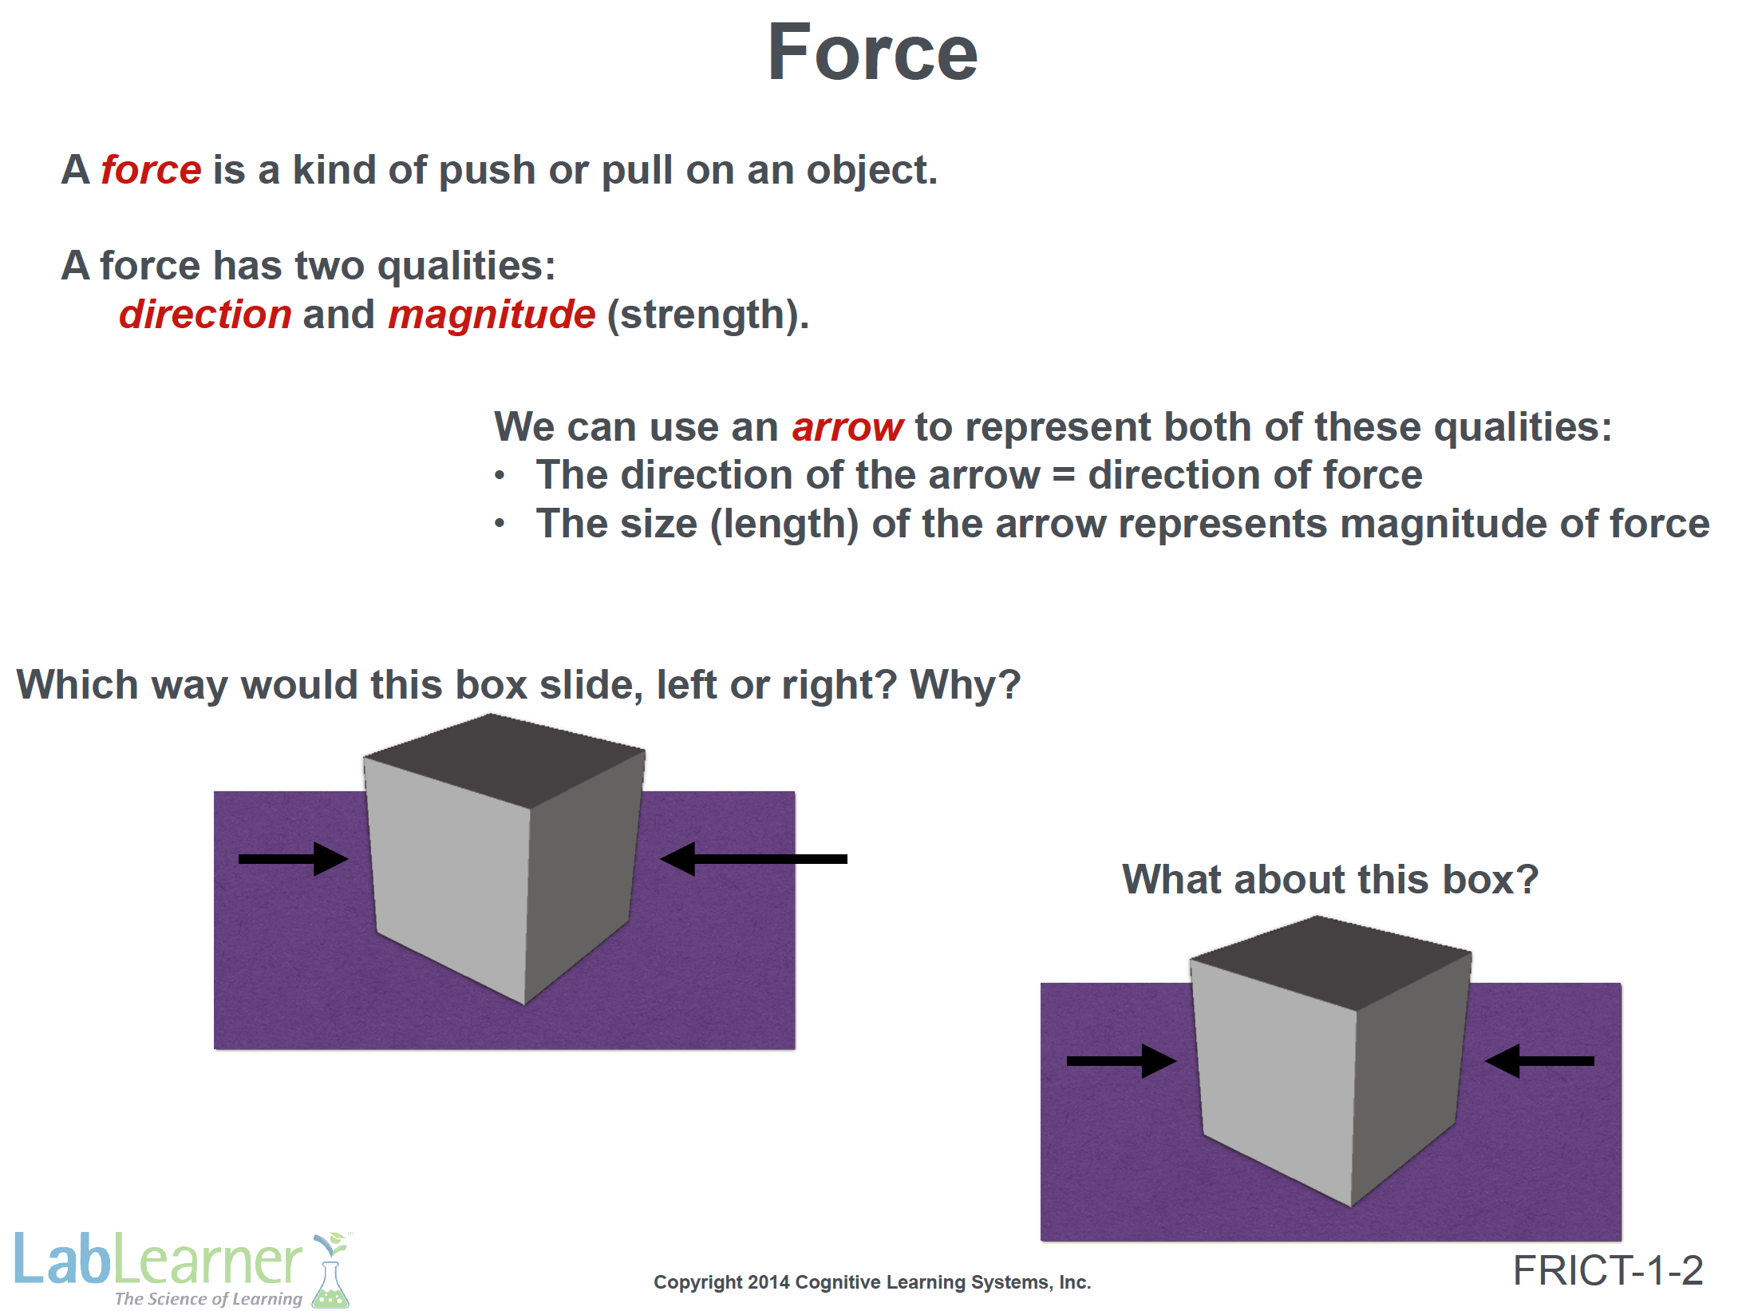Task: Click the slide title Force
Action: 872,53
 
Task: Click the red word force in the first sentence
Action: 151,169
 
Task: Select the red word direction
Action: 205,314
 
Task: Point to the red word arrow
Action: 847,428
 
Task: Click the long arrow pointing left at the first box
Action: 754,859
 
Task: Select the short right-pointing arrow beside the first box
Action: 294,859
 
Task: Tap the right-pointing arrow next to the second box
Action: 1121,1061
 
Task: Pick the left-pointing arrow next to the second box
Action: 1539,1061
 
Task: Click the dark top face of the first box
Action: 504,758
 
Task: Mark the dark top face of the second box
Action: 1331,961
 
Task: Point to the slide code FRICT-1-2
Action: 1608,1270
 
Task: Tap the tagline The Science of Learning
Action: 208,1298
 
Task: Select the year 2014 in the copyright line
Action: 769,1282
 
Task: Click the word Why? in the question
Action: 966,685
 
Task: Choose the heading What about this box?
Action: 1330,879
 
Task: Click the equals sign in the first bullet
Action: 1064,477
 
